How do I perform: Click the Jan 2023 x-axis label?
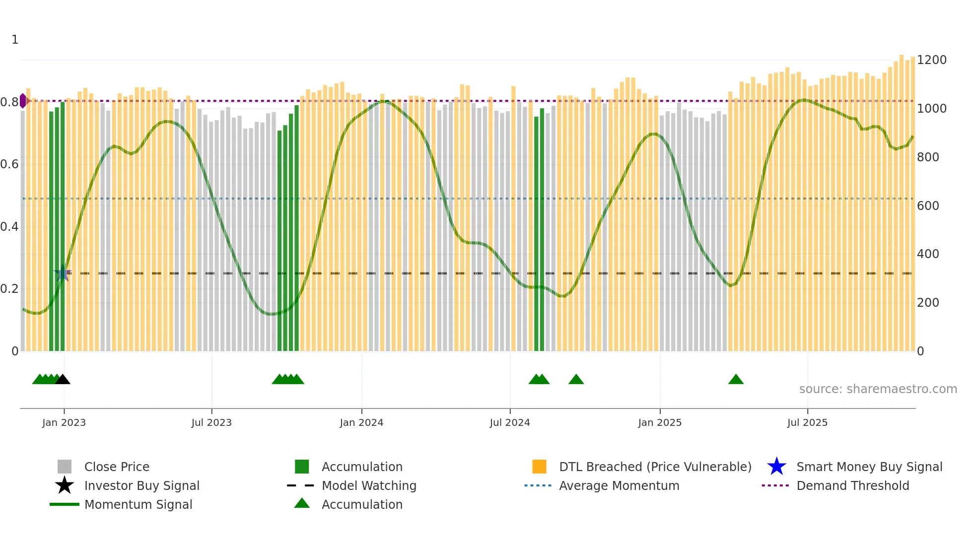coord(64,422)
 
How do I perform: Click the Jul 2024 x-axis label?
coord(509,422)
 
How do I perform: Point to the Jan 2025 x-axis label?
coord(659,422)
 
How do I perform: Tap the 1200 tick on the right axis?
coord(931,60)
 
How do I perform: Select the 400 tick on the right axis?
coord(927,254)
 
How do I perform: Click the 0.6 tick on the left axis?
coord(9,164)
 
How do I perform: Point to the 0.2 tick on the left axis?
coord(9,289)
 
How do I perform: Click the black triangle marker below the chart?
coord(63,380)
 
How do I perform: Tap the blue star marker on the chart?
coord(62,273)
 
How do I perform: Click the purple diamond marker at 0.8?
coord(23,101)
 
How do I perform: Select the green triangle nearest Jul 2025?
coord(736,380)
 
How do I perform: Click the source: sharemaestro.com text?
coord(878,389)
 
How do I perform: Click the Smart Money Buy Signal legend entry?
coord(869,467)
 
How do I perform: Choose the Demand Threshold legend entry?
coord(852,485)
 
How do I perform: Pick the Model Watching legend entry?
coord(368,485)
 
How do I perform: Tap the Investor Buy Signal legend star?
coord(65,485)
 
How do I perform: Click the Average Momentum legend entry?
coord(619,485)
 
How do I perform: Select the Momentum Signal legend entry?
coord(138,504)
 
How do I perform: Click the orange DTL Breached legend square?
coord(539,467)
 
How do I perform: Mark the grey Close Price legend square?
coord(65,467)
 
